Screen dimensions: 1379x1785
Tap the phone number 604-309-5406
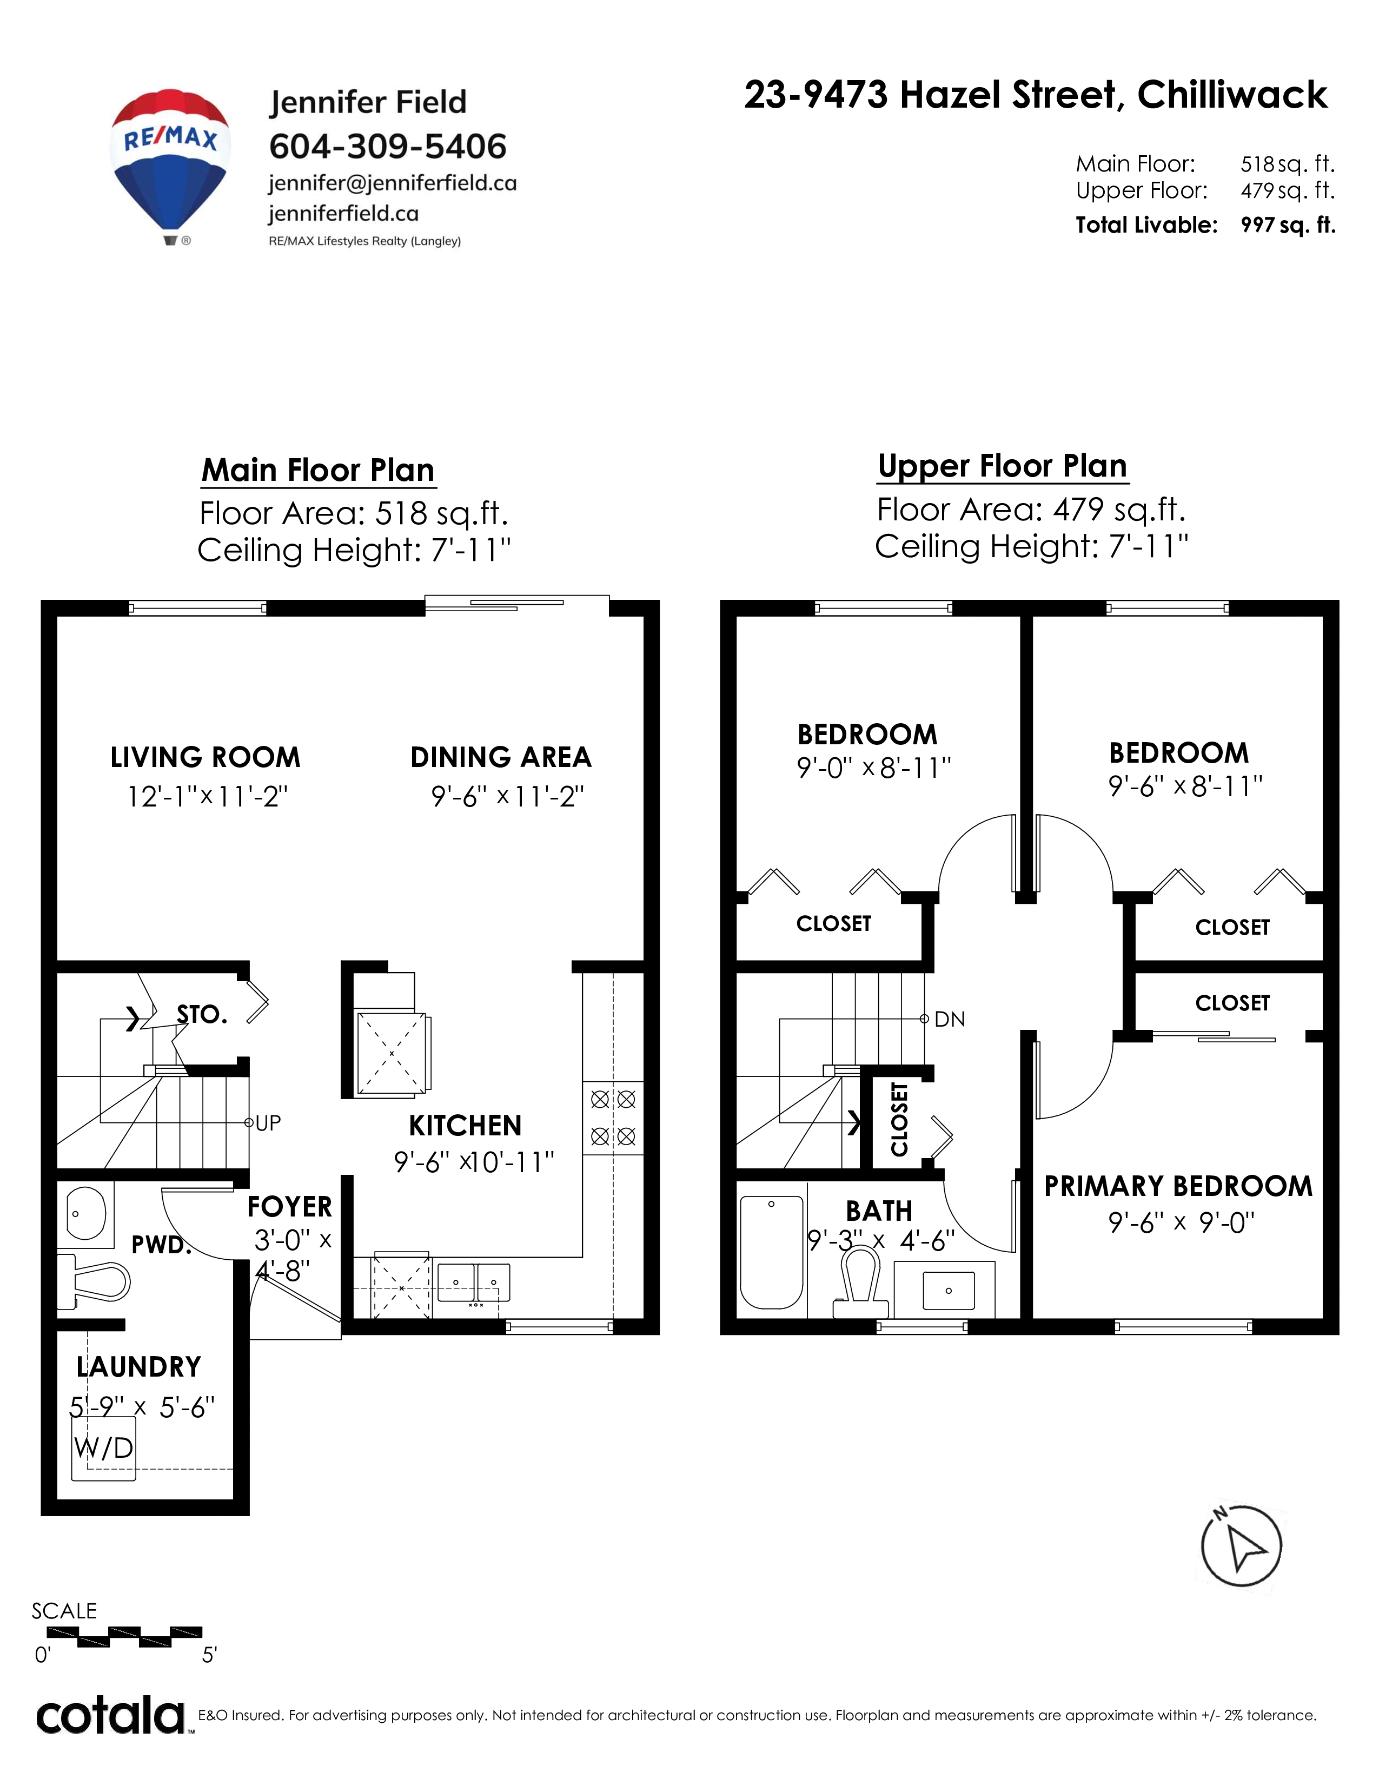(x=388, y=146)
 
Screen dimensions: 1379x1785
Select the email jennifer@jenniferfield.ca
(x=392, y=183)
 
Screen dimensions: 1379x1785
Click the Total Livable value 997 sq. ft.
(x=1288, y=225)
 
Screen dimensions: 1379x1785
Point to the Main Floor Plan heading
(x=318, y=470)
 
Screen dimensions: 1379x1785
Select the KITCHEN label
(x=465, y=1126)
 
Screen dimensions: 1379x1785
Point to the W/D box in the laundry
(x=103, y=1448)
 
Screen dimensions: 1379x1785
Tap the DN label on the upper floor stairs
(x=949, y=1019)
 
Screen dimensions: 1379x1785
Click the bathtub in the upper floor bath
(x=771, y=1252)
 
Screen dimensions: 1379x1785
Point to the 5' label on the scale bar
(x=209, y=1655)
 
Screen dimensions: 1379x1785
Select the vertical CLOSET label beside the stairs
(x=899, y=1119)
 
